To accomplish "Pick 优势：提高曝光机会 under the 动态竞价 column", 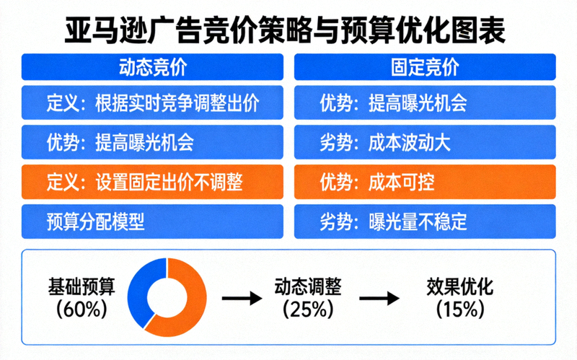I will tap(152, 141).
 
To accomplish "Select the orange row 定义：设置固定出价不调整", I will tap(152, 181).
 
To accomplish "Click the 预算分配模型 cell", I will tap(152, 221).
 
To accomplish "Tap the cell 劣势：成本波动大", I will tap(425, 141).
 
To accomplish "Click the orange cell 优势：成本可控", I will tap(425, 181).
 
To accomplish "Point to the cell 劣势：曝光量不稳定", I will tap(425, 221).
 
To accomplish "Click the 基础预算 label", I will tap(80, 286).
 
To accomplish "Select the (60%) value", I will tap(80, 309).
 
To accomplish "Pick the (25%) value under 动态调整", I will tap(307, 309).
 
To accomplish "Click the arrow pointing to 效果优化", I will tap(379, 297).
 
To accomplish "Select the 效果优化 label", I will tap(459, 286).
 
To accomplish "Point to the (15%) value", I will tap(459, 309).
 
